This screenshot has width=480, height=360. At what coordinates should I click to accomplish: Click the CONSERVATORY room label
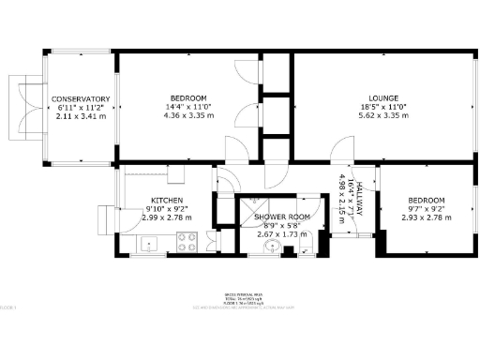(81, 99)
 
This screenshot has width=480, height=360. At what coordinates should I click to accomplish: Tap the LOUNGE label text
(383, 98)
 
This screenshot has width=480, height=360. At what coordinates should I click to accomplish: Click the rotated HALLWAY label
(356, 199)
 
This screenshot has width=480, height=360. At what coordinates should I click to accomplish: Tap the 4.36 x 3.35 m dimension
(188, 115)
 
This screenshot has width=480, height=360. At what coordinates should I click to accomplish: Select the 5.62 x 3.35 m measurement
(383, 115)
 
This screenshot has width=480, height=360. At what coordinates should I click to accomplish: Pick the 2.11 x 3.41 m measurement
(81, 116)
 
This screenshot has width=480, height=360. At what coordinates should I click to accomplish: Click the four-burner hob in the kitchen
(186, 244)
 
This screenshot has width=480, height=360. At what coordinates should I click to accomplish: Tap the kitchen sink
(151, 246)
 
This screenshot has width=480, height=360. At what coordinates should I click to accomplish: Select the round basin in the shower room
(273, 247)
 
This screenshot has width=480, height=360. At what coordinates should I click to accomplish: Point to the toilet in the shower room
(305, 247)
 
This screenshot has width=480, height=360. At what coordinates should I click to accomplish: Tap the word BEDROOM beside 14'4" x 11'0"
(188, 98)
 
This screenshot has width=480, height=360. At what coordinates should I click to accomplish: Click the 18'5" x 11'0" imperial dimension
(383, 107)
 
